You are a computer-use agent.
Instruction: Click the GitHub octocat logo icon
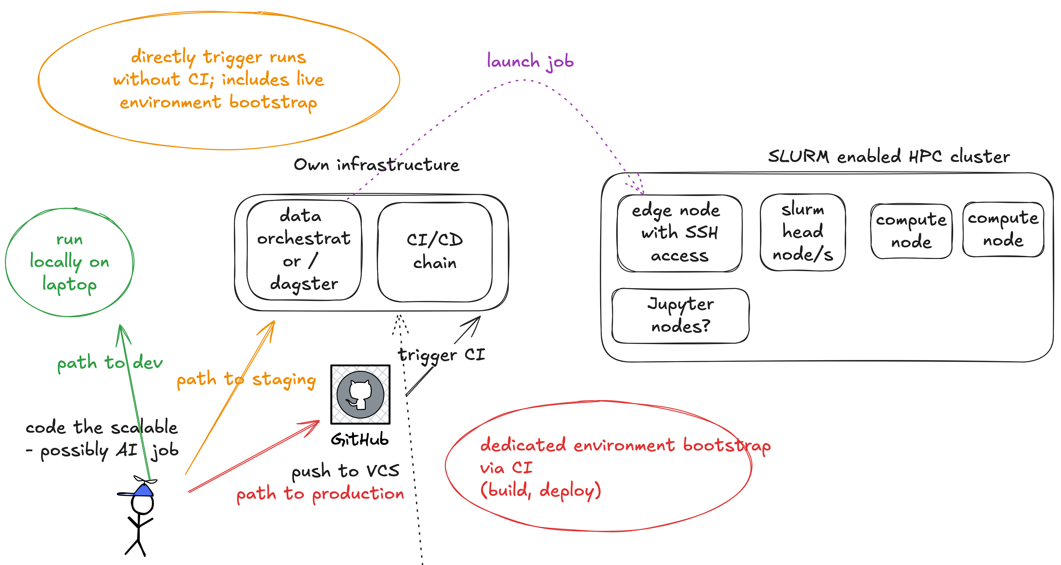pyautogui.click(x=360, y=394)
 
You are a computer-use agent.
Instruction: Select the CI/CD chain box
pyautogui.click(x=435, y=251)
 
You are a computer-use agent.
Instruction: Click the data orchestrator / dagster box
pyautogui.click(x=304, y=250)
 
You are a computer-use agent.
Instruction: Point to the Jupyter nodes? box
pyautogui.click(x=681, y=316)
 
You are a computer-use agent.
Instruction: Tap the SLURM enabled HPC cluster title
pyautogui.click(x=889, y=156)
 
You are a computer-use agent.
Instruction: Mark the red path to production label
pyautogui.click(x=320, y=494)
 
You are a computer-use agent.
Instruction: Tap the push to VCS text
pyautogui.click(x=345, y=471)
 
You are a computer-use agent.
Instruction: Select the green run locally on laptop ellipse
pyautogui.click(x=69, y=262)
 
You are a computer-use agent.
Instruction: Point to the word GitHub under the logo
pyautogui.click(x=360, y=440)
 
